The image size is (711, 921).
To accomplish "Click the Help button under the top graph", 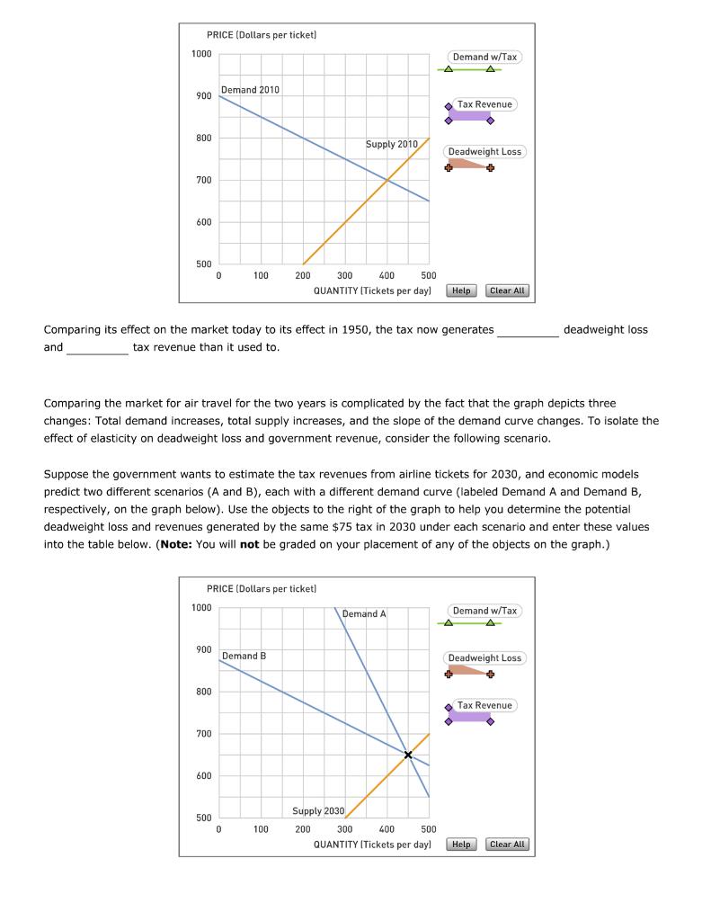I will [461, 291].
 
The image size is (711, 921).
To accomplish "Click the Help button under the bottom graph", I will [461, 845].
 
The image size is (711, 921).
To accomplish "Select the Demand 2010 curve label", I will [251, 90].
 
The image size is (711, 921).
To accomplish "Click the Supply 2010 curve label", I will [392, 144].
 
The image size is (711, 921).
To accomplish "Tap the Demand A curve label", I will [364, 613].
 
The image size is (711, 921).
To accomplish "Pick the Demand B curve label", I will [244, 656].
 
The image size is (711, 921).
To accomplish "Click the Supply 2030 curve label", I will [318, 811].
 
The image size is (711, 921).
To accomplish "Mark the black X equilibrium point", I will [408, 755].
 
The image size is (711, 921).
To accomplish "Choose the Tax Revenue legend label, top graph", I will [484, 104].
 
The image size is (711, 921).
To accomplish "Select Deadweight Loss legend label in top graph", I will [484, 151].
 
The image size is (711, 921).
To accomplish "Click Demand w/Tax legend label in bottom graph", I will [484, 611].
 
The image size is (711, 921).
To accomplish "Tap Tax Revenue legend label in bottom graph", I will [484, 705].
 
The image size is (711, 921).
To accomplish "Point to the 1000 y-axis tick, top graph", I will [201, 54].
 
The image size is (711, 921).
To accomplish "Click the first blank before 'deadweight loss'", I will [529, 330].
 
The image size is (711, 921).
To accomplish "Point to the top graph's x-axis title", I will [372, 291].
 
